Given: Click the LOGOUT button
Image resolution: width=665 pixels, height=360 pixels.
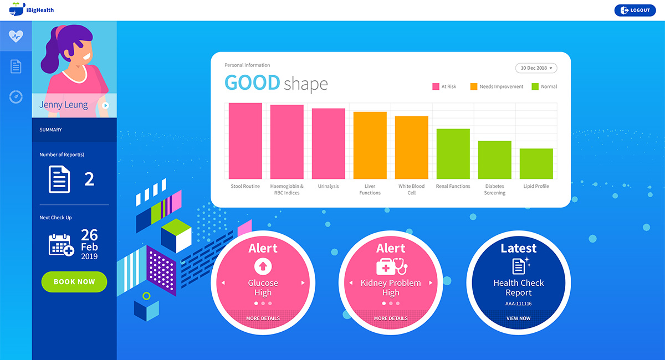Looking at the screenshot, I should (x=635, y=10).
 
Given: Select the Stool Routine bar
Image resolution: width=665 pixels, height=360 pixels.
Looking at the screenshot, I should (x=245, y=141).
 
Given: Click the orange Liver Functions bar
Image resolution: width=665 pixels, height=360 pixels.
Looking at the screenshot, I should (x=370, y=145).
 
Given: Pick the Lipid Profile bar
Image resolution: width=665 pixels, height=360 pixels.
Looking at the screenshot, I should (x=536, y=163).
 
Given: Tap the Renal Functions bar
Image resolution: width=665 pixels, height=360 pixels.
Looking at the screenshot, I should (x=453, y=153).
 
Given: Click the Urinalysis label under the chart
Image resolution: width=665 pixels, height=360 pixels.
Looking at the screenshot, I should (x=328, y=187).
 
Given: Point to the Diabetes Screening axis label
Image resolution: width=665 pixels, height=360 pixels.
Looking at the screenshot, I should (x=495, y=189).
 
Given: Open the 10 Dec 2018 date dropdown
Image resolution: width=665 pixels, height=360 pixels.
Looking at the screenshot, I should (x=536, y=68).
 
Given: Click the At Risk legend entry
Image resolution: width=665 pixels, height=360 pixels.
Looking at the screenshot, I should (x=444, y=86).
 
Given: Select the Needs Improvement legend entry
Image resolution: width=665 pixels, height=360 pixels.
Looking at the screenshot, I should (x=497, y=86).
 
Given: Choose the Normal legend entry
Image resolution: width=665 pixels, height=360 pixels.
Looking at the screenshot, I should (x=544, y=86).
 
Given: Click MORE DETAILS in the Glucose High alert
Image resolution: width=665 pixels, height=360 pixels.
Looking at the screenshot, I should (x=263, y=318).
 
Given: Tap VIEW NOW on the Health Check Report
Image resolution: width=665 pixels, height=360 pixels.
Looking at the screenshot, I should (x=518, y=318).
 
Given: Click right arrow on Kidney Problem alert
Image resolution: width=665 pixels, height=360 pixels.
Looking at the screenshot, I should (x=431, y=283).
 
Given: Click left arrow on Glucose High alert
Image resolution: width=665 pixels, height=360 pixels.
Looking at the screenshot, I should (x=223, y=283).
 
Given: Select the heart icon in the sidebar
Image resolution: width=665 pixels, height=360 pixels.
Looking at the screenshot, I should (x=16, y=37).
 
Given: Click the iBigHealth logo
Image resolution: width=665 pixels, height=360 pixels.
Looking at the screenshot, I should (x=32, y=10).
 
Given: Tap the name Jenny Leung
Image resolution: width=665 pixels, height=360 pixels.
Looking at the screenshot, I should (x=64, y=105).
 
